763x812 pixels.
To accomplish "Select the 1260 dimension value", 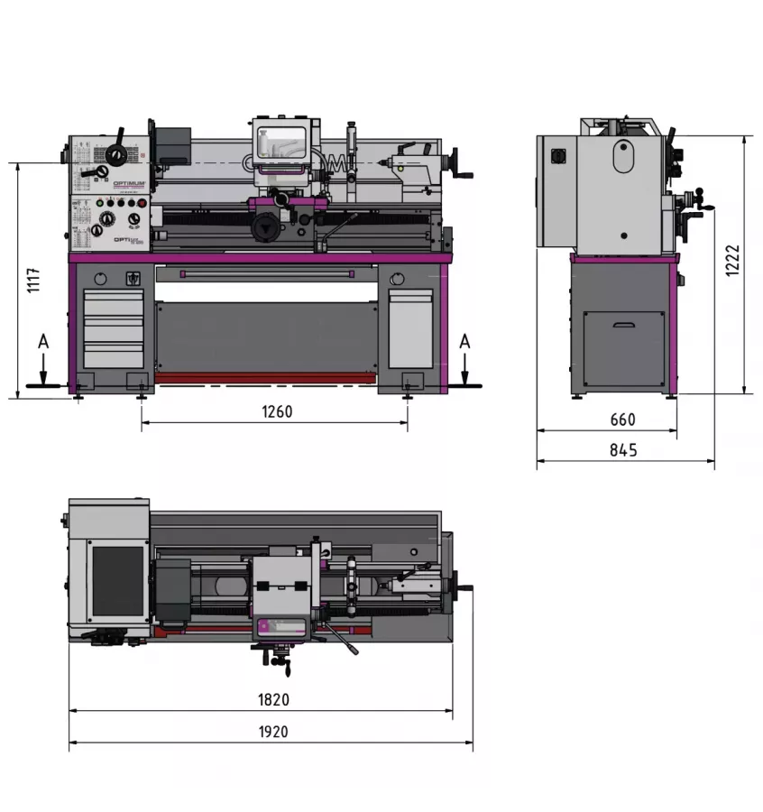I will click(x=277, y=411).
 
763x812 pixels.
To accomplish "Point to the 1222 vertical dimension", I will click(x=732, y=262).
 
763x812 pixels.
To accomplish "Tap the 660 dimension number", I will click(x=622, y=420).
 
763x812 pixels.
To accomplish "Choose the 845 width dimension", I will click(x=622, y=449).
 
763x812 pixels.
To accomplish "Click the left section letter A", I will click(x=42, y=342).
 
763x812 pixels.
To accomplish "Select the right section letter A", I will click(x=464, y=341).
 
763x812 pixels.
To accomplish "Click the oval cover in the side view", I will click(x=622, y=157).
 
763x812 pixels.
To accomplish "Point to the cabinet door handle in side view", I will click(x=624, y=325).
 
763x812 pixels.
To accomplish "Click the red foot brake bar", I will click(x=266, y=378).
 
